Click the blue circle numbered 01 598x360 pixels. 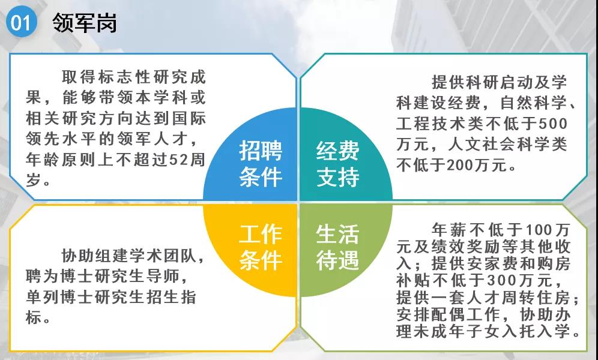[22, 22]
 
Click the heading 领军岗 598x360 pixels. [84, 23]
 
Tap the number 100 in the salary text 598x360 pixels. [539, 230]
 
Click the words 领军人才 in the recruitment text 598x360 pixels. [152, 139]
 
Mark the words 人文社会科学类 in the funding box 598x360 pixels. [507, 145]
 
